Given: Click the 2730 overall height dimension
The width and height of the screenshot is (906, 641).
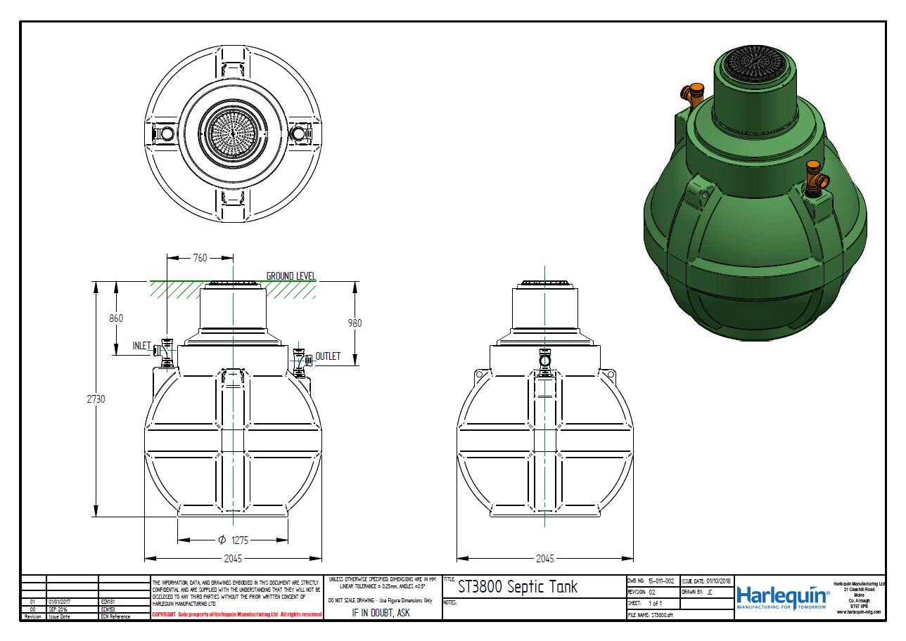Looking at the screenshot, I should (x=96, y=399).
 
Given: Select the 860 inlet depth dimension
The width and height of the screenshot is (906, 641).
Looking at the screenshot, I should (x=116, y=318).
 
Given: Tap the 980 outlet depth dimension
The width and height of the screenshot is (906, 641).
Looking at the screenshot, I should (x=355, y=323).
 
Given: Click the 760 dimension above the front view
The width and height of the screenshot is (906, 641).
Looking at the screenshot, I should (x=200, y=258).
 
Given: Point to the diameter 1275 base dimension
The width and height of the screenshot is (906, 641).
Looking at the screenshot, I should (x=233, y=540).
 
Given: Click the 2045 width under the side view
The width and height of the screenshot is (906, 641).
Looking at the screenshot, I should (x=544, y=559).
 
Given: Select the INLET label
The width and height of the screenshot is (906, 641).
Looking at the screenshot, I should (x=142, y=346).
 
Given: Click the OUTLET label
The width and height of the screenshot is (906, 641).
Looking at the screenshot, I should (x=328, y=356).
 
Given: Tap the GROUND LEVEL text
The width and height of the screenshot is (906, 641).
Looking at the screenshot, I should (x=291, y=276).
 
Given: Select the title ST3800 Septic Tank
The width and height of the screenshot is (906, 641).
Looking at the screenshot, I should (x=517, y=587).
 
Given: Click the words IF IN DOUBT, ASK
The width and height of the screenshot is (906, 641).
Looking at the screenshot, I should (x=381, y=612).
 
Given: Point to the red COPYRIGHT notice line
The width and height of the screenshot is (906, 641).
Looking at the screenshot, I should (x=236, y=614).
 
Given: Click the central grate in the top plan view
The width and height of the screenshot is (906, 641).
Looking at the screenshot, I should (x=233, y=132).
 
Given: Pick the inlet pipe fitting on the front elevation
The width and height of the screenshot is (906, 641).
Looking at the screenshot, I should (x=166, y=351).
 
